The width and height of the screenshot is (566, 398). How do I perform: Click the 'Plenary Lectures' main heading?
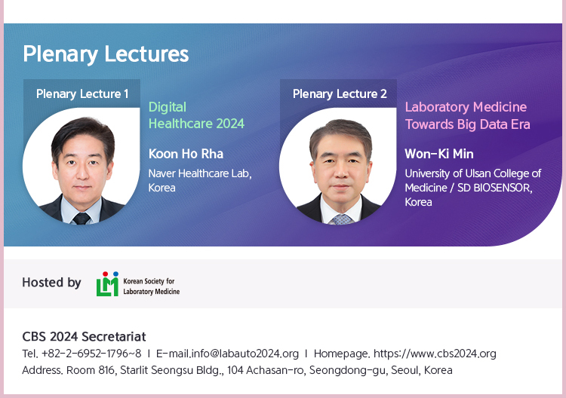[106, 54]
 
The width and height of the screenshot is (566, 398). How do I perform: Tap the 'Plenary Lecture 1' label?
[82, 93]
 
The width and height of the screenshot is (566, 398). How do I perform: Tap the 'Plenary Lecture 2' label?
[340, 93]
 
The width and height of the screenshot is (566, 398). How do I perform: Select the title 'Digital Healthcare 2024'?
[196, 115]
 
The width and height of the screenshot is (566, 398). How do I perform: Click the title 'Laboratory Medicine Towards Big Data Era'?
[467, 115]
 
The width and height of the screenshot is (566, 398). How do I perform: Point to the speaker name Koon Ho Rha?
[186, 154]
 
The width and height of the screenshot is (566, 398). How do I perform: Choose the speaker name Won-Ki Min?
[439, 154]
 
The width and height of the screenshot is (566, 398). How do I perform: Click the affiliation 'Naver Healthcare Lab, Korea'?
[200, 180]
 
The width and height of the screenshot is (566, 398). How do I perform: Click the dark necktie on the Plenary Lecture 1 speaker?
[82, 218]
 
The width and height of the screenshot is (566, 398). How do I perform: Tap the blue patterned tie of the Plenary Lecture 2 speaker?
[341, 219]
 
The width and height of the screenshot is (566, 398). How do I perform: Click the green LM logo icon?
[107, 284]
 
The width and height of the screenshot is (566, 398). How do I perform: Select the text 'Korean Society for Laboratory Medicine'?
[151, 286]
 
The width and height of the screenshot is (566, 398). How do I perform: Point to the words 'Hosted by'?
[51, 282]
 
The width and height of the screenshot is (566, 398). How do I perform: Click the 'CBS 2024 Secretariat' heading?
[84, 337]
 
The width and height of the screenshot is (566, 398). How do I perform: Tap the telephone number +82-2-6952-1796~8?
[91, 354]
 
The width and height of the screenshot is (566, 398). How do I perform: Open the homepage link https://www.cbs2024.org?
[435, 354]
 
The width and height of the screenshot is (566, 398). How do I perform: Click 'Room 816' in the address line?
[91, 370]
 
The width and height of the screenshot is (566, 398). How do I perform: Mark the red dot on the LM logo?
[105, 274]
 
